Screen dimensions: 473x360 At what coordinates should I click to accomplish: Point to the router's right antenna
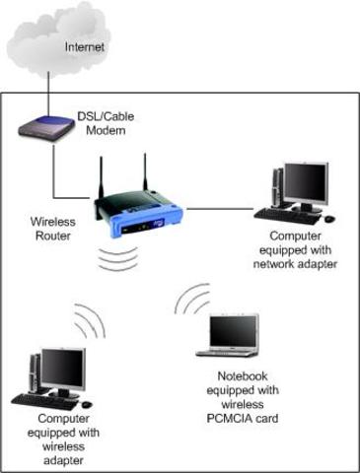144,172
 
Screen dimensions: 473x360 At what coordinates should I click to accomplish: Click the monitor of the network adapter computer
304,183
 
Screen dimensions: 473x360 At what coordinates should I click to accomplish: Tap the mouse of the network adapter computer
329,218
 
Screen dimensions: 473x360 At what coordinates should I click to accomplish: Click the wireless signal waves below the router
118,258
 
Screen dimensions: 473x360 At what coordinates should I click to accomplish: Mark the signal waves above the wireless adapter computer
88,320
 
